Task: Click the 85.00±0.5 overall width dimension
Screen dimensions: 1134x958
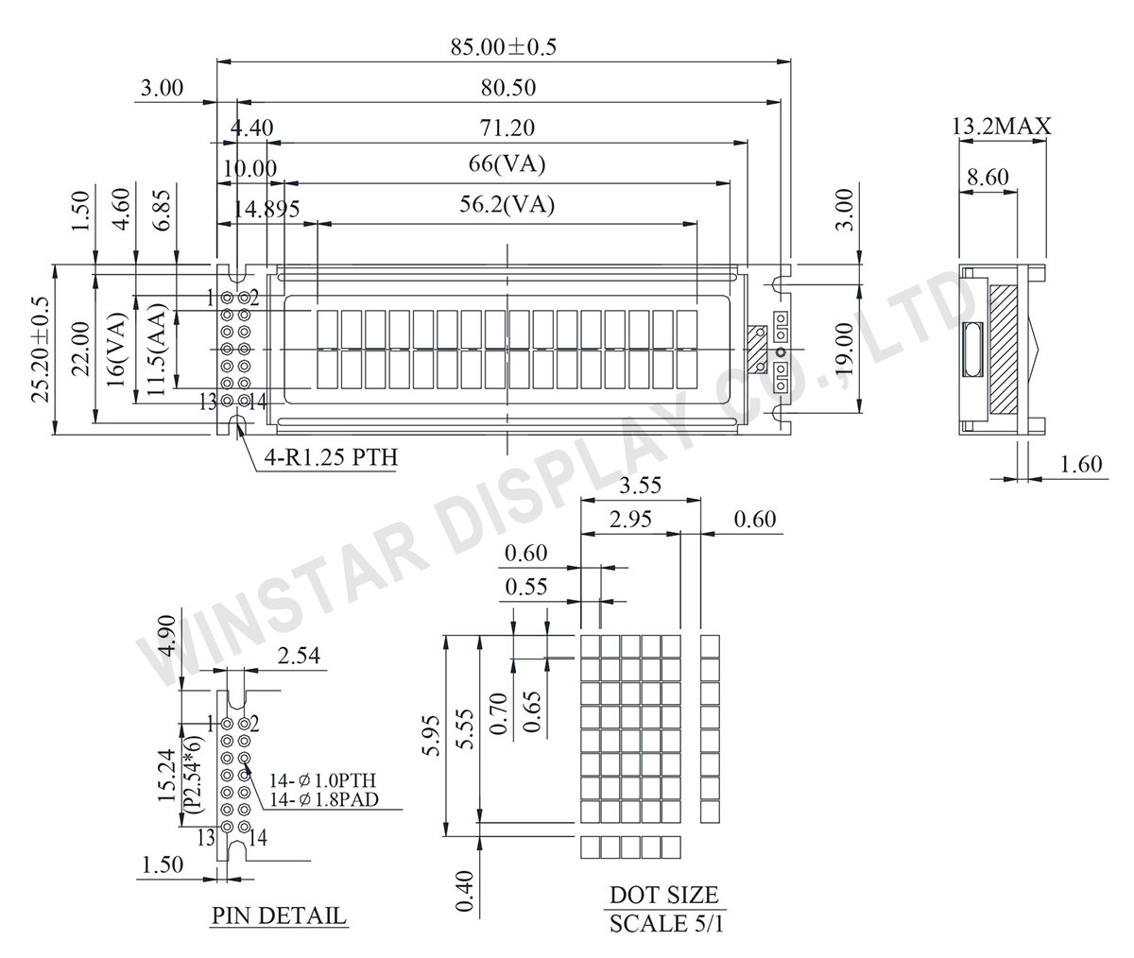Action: click(x=504, y=47)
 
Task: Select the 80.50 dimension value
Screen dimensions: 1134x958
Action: click(x=508, y=88)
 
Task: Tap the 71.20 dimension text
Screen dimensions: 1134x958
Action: click(x=507, y=128)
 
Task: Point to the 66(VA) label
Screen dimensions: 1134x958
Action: click(x=507, y=164)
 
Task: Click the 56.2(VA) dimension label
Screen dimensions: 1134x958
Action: click(x=507, y=205)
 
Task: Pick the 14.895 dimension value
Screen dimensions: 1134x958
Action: click(x=266, y=209)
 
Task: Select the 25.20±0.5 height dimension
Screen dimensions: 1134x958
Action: click(x=41, y=350)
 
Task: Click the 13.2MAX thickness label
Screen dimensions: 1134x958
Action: click(x=1002, y=127)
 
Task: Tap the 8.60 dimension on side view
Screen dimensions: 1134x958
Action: click(x=988, y=177)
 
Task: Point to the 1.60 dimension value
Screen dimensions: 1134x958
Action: click(x=1081, y=464)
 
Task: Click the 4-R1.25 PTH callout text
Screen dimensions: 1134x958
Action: click(x=332, y=457)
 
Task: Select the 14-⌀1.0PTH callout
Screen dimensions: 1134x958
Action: click(x=322, y=780)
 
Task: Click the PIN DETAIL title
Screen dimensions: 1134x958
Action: click(x=279, y=915)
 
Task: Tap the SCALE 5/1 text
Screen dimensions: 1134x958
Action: click(x=666, y=938)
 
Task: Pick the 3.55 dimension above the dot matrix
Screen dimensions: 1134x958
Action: click(x=641, y=485)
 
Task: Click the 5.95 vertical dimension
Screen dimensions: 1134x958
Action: click(x=432, y=736)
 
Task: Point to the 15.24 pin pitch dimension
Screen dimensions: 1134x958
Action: click(x=167, y=775)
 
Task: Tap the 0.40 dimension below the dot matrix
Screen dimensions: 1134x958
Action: click(x=465, y=891)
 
